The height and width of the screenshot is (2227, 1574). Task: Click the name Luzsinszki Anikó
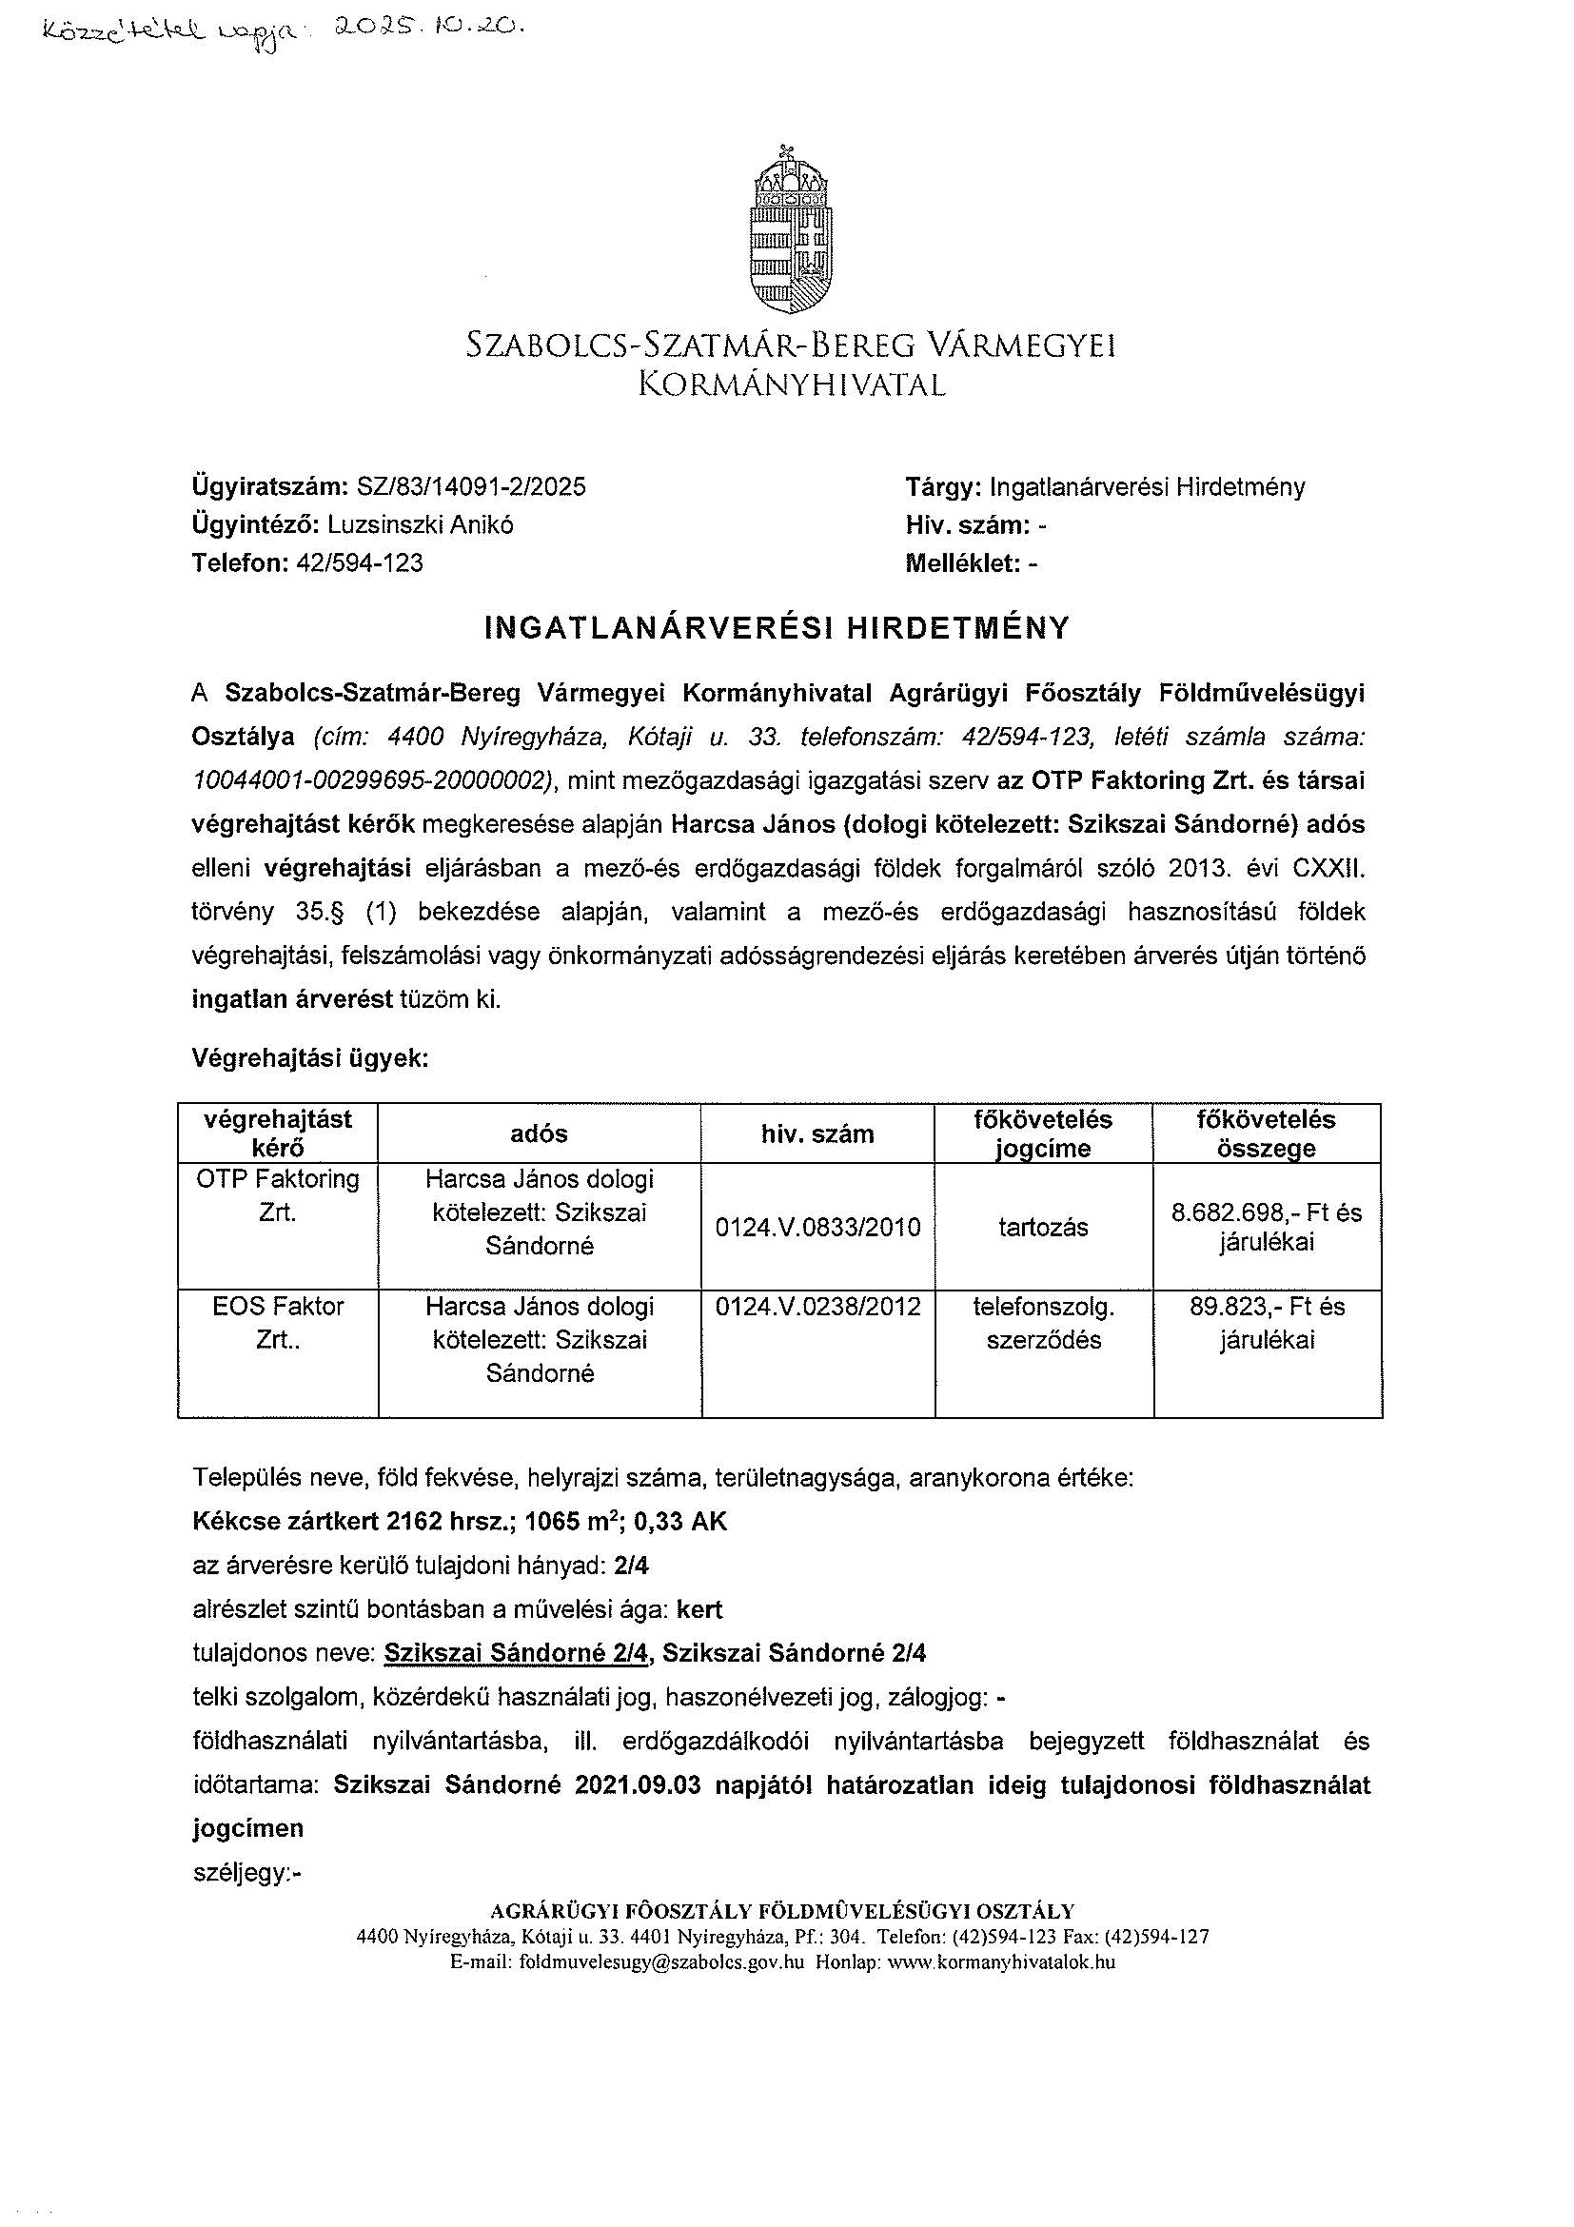tap(421, 525)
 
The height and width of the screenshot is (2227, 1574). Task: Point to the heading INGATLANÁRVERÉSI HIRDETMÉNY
tap(777, 628)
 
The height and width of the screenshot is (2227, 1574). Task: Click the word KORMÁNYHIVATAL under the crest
tap(791, 386)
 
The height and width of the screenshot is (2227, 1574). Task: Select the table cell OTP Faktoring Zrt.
tap(277, 1196)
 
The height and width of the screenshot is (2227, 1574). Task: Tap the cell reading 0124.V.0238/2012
tap(817, 1307)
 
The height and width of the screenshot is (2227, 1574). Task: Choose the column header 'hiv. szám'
tap(817, 1133)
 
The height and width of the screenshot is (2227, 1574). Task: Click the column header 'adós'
tap(540, 1133)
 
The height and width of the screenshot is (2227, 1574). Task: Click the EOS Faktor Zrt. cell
tap(277, 1323)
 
